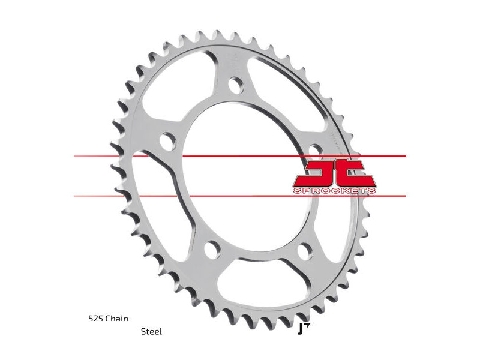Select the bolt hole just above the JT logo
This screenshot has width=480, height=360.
coord(313,150)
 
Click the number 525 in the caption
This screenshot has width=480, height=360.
coord(95,319)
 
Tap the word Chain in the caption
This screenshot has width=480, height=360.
coord(117,319)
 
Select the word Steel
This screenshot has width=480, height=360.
coord(151,331)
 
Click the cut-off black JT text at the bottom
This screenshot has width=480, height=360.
coord(302,328)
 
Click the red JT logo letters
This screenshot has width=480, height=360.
coord(334,173)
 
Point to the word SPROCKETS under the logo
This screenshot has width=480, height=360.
coord(334,191)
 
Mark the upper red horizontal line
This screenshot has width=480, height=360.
coord(180,156)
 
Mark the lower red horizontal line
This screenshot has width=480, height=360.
coord(180,196)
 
